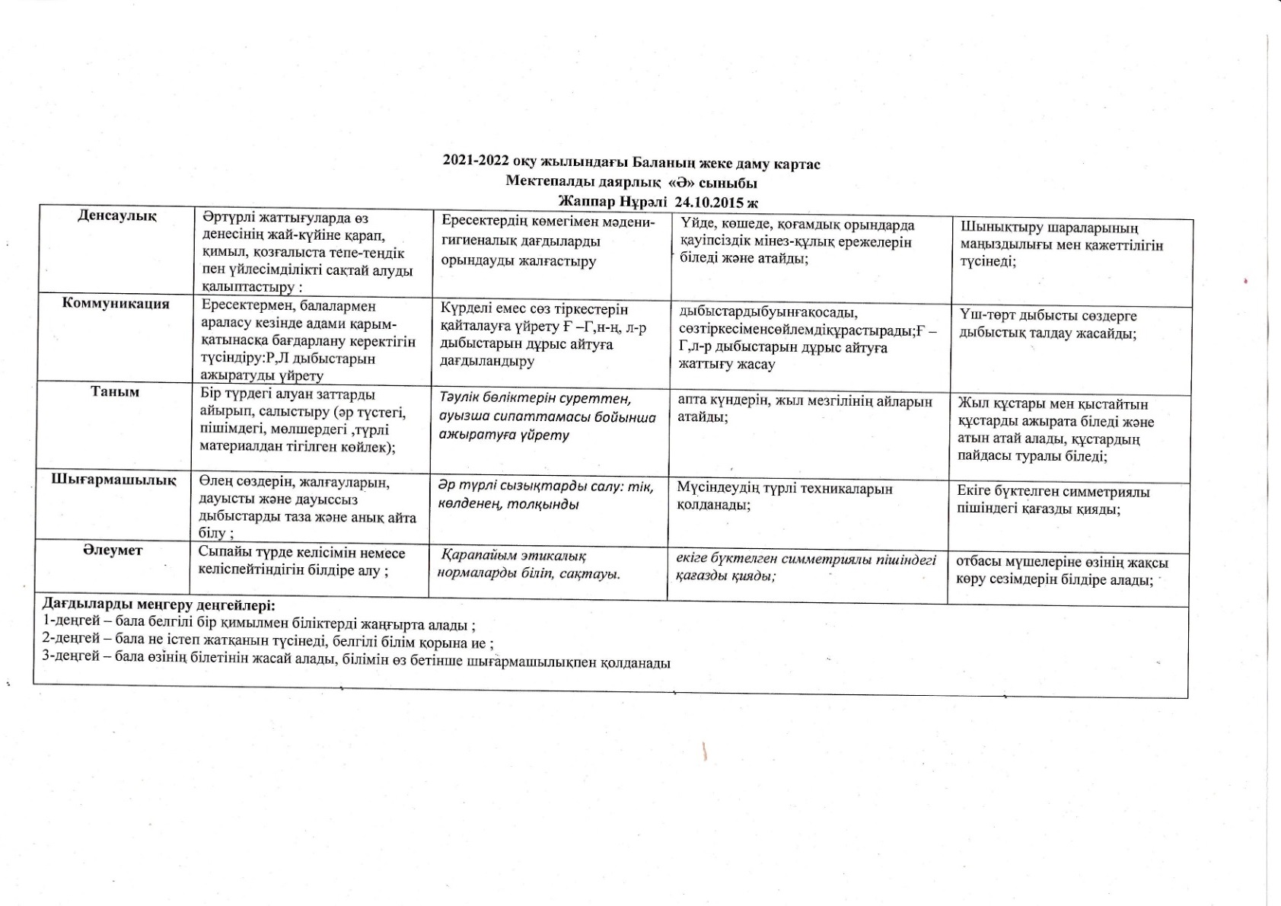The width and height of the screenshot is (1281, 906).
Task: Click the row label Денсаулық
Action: pyautogui.click(x=116, y=216)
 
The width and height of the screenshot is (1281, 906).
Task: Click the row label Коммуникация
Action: pyautogui.click(x=116, y=303)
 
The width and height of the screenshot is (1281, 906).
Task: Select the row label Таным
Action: pyautogui.click(x=115, y=391)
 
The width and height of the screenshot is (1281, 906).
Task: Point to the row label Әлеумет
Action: pyautogui.click(x=113, y=550)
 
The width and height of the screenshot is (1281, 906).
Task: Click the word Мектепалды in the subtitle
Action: pyautogui.click(x=547, y=183)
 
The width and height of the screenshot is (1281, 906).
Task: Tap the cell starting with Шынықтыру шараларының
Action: pyautogui.click(x=1061, y=244)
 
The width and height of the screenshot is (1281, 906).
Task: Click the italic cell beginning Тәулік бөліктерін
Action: pyautogui.click(x=546, y=416)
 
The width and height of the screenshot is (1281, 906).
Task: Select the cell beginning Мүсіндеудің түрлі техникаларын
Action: pyautogui.click(x=784, y=496)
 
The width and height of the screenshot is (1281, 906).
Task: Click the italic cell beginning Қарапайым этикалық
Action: pyautogui.click(x=528, y=564)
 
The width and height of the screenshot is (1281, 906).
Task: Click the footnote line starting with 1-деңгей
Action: pyautogui.click(x=259, y=625)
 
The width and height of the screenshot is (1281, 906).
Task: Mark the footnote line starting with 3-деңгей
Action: pyautogui.click(x=356, y=661)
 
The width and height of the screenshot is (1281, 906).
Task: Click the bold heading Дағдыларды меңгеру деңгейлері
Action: pyautogui.click(x=158, y=606)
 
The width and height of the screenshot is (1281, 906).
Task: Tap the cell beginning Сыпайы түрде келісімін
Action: pyautogui.click(x=301, y=561)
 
